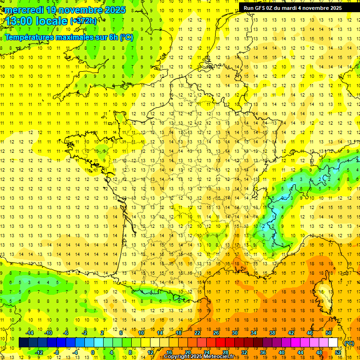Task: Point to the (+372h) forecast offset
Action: pyautogui.click(x=83, y=21)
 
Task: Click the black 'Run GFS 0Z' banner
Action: pyautogui.click(x=292, y=8)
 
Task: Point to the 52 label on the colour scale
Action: pyautogui.click(x=338, y=352)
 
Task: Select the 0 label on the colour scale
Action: pyautogui.click(x=92, y=352)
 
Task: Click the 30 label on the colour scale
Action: pyautogui.click(x=234, y=333)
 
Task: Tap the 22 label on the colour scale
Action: pyautogui.click(x=197, y=333)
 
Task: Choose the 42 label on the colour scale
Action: pyautogui.click(x=291, y=333)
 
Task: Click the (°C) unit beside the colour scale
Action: pyautogui.click(x=349, y=343)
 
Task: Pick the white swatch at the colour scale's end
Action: pyautogui.click(x=333, y=343)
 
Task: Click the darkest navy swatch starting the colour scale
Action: pyautogui.click(x=24, y=343)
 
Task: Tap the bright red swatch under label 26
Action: pyautogui.click(x=221, y=343)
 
